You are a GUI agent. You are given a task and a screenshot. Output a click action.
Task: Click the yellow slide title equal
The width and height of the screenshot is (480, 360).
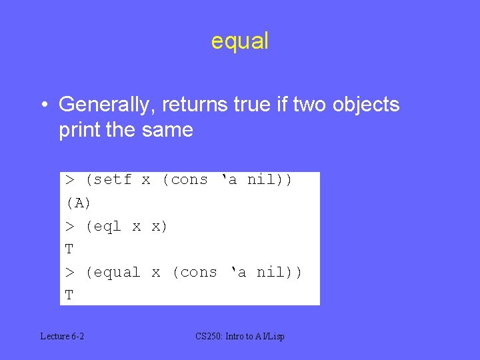pos(240,41)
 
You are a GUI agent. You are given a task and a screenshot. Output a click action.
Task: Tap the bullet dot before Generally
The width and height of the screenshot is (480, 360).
pos(43,105)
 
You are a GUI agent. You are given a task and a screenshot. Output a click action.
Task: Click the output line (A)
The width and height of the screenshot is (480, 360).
pos(78,203)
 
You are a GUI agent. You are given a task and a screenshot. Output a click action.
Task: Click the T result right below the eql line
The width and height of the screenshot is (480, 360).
pos(69,249)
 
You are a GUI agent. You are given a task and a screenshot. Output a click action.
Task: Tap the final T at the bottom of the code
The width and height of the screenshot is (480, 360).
pos(69,295)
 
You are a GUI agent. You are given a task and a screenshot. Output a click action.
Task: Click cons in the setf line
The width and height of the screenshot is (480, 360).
pos(189,180)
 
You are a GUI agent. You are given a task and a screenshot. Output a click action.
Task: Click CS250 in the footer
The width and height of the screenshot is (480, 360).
pos(209,337)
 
